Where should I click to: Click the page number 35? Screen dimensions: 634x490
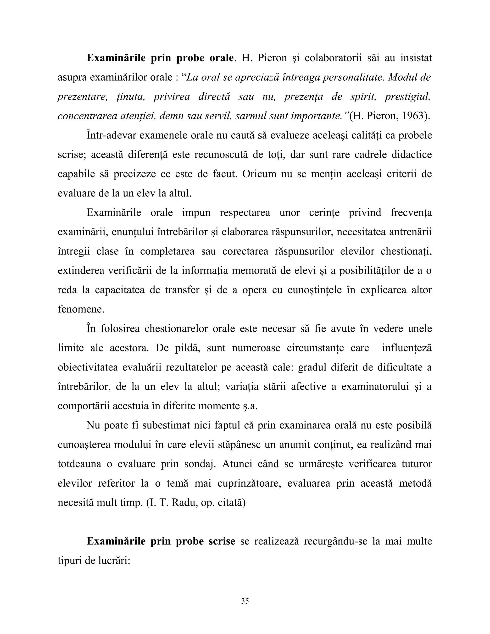tap(245, 601)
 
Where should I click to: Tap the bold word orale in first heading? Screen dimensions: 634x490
tap(221, 58)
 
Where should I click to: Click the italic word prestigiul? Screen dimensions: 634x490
tap(407, 97)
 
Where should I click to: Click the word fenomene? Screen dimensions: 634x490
tap(81, 309)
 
